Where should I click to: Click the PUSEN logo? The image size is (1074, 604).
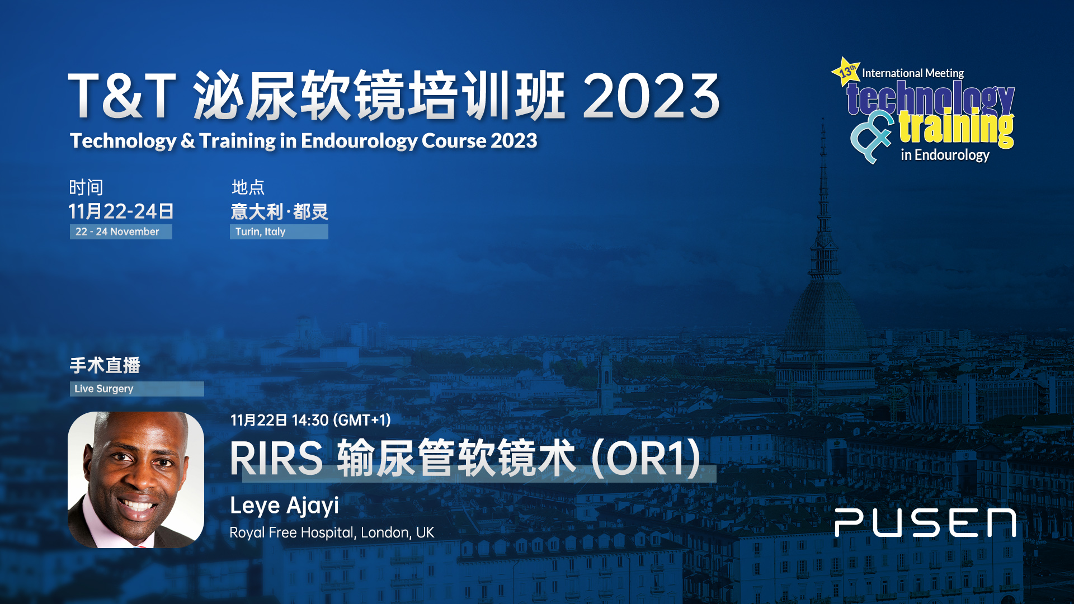[x=925, y=523]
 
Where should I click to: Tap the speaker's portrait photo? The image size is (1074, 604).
[x=136, y=480]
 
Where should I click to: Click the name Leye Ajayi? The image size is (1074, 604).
[x=284, y=506]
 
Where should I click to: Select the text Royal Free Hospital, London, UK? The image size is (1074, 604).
[x=332, y=532]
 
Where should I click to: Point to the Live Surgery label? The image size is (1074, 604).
[x=104, y=389]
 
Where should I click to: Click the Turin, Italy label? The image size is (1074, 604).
[x=260, y=232]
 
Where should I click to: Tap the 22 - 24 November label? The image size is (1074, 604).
[x=117, y=232]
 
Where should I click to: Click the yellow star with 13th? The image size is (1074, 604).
[x=846, y=72]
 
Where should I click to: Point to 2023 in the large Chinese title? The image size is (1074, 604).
[x=651, y=96]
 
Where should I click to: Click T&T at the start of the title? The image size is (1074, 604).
[x=122, y=96]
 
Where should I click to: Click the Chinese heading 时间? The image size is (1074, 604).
[x=86, y=187]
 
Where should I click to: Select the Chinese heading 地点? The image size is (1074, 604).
[x=248, y=187]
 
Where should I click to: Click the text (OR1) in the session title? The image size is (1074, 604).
[x=646, y=459]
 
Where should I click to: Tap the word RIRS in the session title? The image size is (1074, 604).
[x=276, y=459]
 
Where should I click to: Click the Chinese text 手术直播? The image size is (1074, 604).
[x=105, y=365]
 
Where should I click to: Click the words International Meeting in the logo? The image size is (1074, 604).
[x=913, y=73]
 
